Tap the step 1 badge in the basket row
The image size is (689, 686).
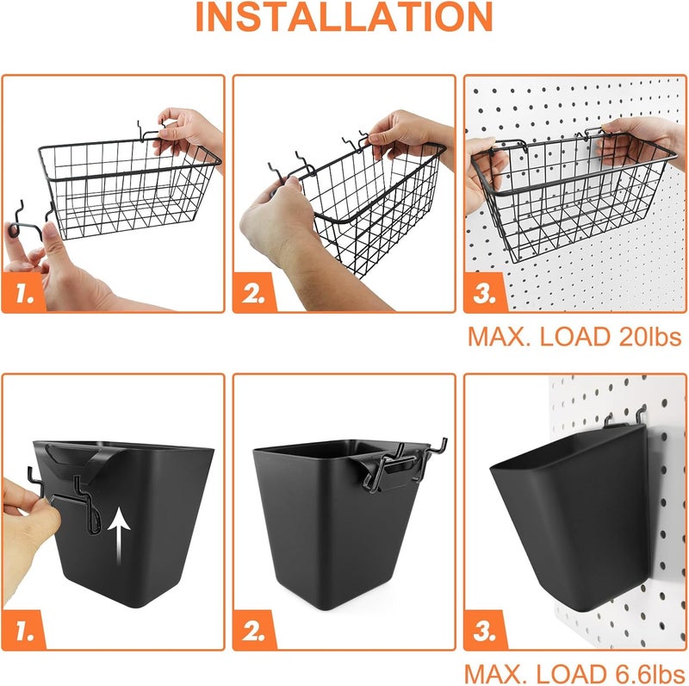23,294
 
